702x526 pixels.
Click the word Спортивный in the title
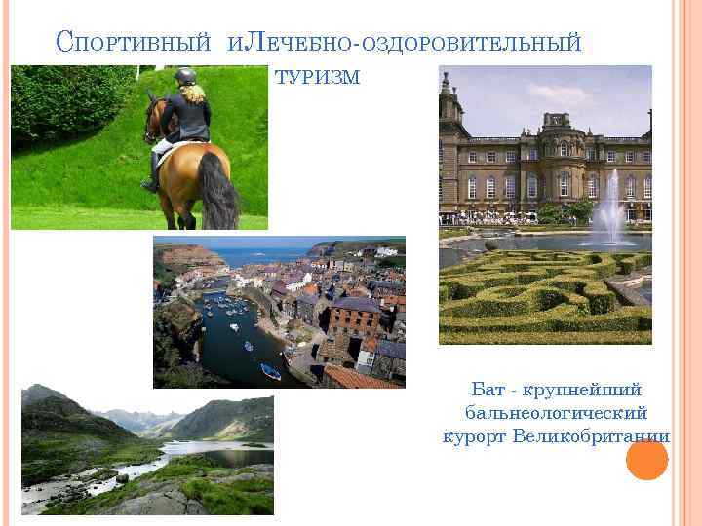pos(134,42)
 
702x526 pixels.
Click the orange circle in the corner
pos(646,459)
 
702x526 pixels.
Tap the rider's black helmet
pos(186,75)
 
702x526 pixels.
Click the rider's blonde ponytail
pos(195,94)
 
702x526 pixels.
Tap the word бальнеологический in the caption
pos(557,412)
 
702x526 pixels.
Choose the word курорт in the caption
pos(475,434)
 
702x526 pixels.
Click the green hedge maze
pos(526,292)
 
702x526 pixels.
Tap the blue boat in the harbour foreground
pos(270,370)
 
